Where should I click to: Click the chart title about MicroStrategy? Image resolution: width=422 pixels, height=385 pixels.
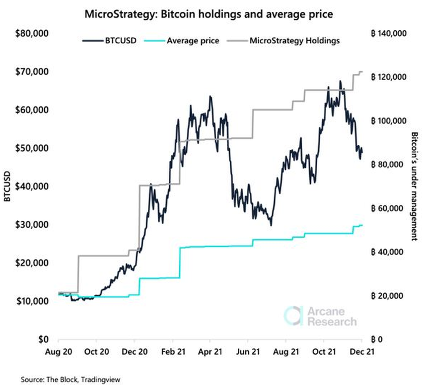(x=209, y=14)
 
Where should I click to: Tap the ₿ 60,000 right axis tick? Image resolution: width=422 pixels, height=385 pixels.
(x=387, y=208)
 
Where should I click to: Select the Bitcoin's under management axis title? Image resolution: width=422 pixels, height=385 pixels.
(x=414, y=187)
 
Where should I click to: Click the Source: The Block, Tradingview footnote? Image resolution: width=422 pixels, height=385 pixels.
(x=70, y=379)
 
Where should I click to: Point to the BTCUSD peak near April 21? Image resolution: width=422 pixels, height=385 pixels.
(x=210, y=96)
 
